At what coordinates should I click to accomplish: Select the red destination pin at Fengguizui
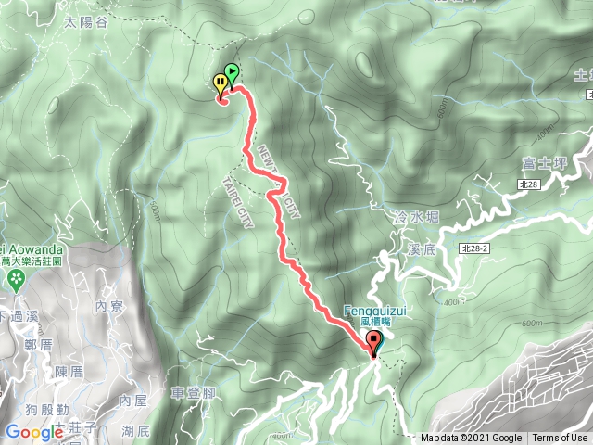pos(374,344)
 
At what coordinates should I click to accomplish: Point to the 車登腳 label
pos(194,393)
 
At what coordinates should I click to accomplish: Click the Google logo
pos(33,431)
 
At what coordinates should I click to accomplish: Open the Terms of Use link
pos(560,438)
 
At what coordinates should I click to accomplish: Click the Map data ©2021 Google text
pos(471,438)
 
